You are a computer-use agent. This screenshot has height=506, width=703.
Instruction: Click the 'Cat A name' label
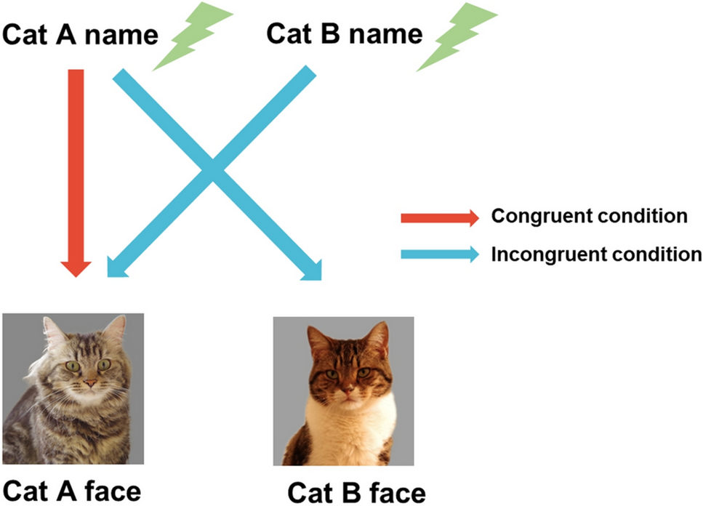pos(80,34)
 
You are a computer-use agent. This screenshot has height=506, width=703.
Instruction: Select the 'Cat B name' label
pos(344,33)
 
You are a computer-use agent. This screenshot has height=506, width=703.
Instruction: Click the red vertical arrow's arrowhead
pos(76,266)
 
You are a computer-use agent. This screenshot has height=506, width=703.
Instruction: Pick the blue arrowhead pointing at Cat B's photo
pos(310,270)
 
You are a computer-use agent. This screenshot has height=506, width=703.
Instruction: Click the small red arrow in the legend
pos(439,217)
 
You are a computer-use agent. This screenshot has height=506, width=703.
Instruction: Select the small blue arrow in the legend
pos(439,254)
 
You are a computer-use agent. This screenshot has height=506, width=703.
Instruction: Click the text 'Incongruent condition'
pos(596,254)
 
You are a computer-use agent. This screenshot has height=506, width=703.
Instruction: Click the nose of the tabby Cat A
pos(90,382)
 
